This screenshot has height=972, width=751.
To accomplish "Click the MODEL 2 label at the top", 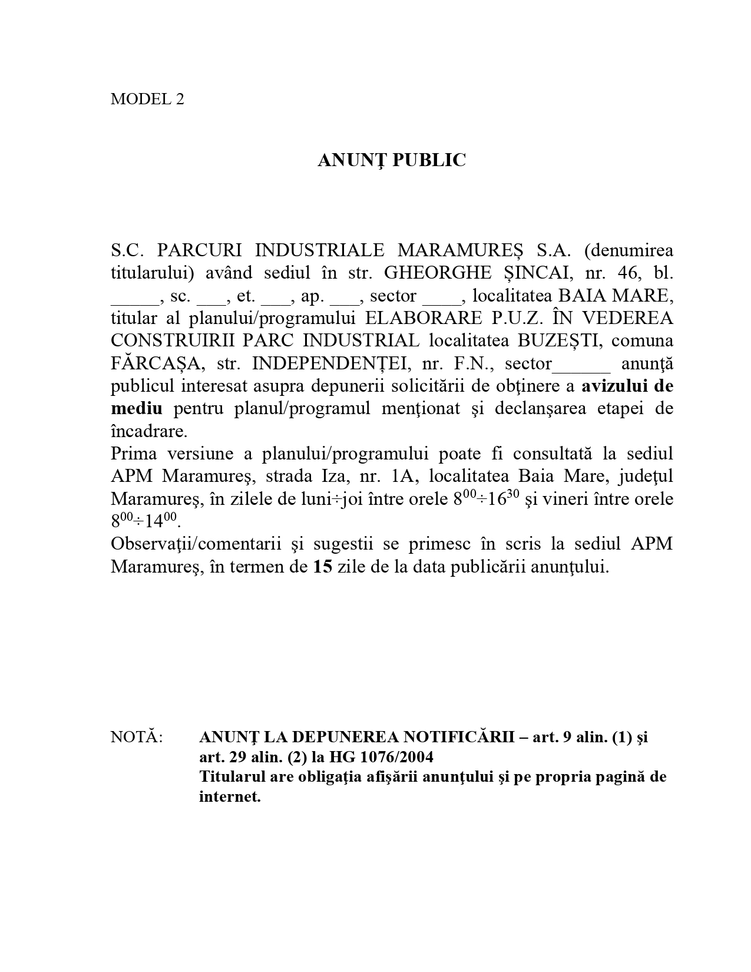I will pyautogui.click(x=147, y=99).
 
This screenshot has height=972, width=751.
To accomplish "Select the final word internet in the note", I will pyautogui.click(x=229, y=797).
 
